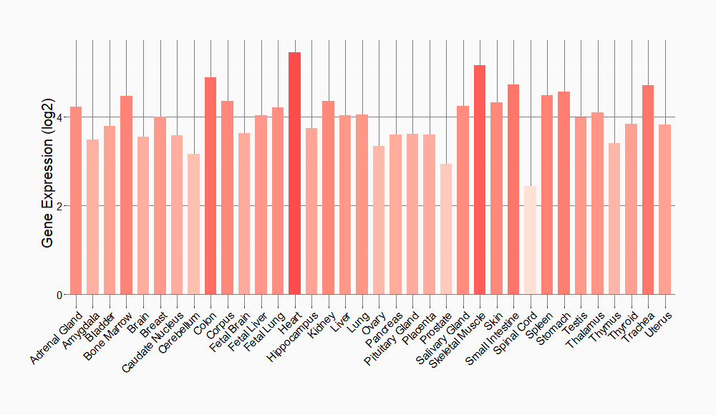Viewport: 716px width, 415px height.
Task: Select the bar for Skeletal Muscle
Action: (480, 180)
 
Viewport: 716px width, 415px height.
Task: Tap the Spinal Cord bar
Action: (530, 240)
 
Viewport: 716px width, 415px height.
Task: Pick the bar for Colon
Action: (211, 186)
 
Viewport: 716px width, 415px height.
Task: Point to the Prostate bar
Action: (446, 229)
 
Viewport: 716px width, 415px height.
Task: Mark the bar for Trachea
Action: (648, 190)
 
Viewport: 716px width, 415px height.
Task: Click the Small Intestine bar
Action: (513, 190)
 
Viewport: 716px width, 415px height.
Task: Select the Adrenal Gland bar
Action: (76, 200)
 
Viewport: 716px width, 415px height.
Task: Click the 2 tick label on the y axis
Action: (60, 206)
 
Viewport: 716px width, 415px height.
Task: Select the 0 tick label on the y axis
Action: (60, 295)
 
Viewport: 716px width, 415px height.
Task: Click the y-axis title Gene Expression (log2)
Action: (48, 171)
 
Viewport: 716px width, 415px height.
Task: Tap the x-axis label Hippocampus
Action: (292, 336)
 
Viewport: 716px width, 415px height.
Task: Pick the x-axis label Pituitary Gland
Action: (392, 340)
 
